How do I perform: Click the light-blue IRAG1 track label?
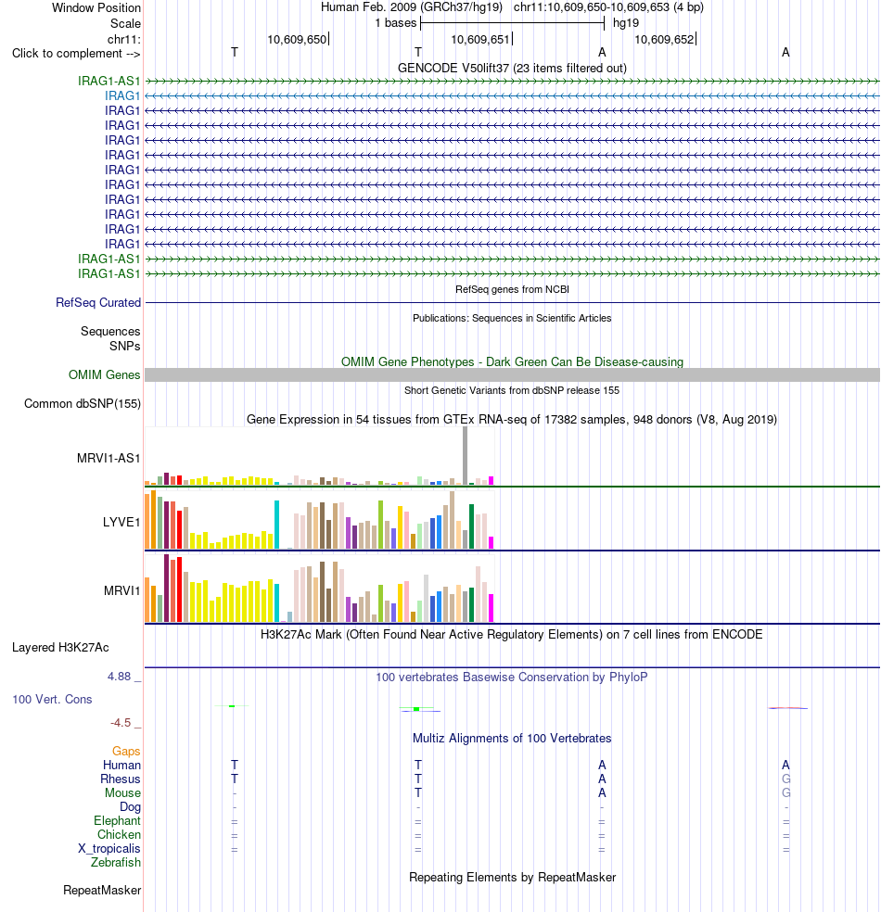pyautogui.click(x=122, y=96)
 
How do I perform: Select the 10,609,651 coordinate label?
pyautogui.click(x=480, y=40)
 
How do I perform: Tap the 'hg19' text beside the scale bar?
pyautogui.click(x=626, y=23)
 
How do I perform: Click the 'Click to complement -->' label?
pyautogui.click(x=76, y=54)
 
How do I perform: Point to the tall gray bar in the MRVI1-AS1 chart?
pyautogui.click(x=465, y=455)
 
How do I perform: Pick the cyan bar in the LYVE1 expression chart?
pyautogui.click(x=277, y=525)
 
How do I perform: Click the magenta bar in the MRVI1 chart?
pyautogui.click(x=492, y=608)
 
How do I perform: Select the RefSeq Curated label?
pyautogui.click(x=98, y=302)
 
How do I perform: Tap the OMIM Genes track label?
pyautogui.click(x=105, y=375)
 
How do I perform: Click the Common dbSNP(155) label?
pyautogui.click(x=83, y=404)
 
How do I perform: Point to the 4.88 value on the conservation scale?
pyautogui.click(x=120, y=677)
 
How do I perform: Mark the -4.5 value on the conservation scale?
pyautogui.click(x=121, y=723)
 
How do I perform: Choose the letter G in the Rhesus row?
pyautogui.click(x=786, y=779)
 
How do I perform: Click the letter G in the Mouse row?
pyautogui.click(x=786, y=792)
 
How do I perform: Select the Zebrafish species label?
pyautogui.click(x=116, y=863)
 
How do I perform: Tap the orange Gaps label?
pyautogui.click(x=126, y=752)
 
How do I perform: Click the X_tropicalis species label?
pyautogui.click(x=109, y=849)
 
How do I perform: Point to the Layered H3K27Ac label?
pyautogui.click(x=60, y=647)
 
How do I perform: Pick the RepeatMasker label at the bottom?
pyautogui.click(x=102, y=891)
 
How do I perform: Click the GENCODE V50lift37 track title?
pyautogui.click(x=512, y=68)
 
